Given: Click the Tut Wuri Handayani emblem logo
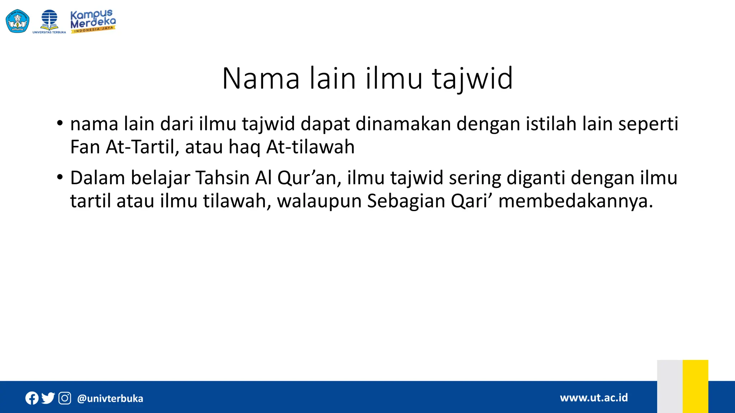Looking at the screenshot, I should [18, 21].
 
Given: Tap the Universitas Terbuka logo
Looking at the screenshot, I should [49, 22].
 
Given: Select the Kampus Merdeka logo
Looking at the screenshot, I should [93, 21].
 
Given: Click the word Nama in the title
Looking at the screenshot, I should [261, 79].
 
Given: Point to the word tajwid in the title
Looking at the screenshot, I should [472, 79].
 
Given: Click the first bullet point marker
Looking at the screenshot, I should [60, 124].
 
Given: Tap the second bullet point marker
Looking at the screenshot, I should [60, 177].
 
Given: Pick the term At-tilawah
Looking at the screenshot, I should [310, 147].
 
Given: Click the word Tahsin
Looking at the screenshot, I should [222, 178].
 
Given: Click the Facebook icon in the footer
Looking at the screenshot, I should [32, 398].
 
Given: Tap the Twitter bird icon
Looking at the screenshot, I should [48, 398].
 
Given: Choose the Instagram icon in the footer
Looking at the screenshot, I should [65, 398].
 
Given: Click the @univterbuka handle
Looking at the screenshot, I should [110, 399].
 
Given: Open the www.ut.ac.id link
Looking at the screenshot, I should [594, 398].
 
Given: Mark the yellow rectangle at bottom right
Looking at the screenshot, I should [695, 386].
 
